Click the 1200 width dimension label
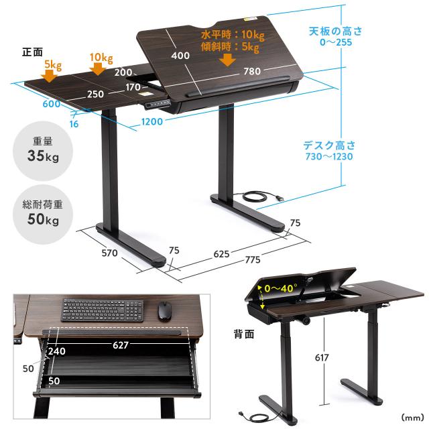pyautogui.click(x=152, y=121)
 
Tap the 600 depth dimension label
pyautogui.click(x=52, y=104)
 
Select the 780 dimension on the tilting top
pyautogui.click(x=252, y=72)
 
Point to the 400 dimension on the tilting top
pyautogui.click(x=180, y=56)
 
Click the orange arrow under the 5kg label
pyautogui.click(x=49, y=76)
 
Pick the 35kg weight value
pyautogui.click(x=43, y=156)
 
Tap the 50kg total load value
pyautogui.click(x=43, y=219)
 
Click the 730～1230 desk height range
pyautogui.click(x=329, y=156)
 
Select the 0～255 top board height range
pyautogui.click(x=336, y=42)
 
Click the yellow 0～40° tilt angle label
pyautogui.click(x=281, y=288)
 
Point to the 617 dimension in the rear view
pyautogui.click(x=322, y=357)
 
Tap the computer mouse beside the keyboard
pyautogui.click(x=164, y=311)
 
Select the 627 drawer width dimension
pyautogui.click(x=121, y=345)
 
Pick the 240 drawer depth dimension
pyautogui.click(x=57, y=351)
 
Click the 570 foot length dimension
pyautogui.click(x=109, y=253)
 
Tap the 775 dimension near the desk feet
pyautogui.click(x=253, y=259)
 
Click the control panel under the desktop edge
pyautogui.click(x=158, y=104)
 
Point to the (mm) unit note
pyautogui.click(x=412, y=418)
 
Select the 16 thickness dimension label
pyautogui.click(x=74, y=124)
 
